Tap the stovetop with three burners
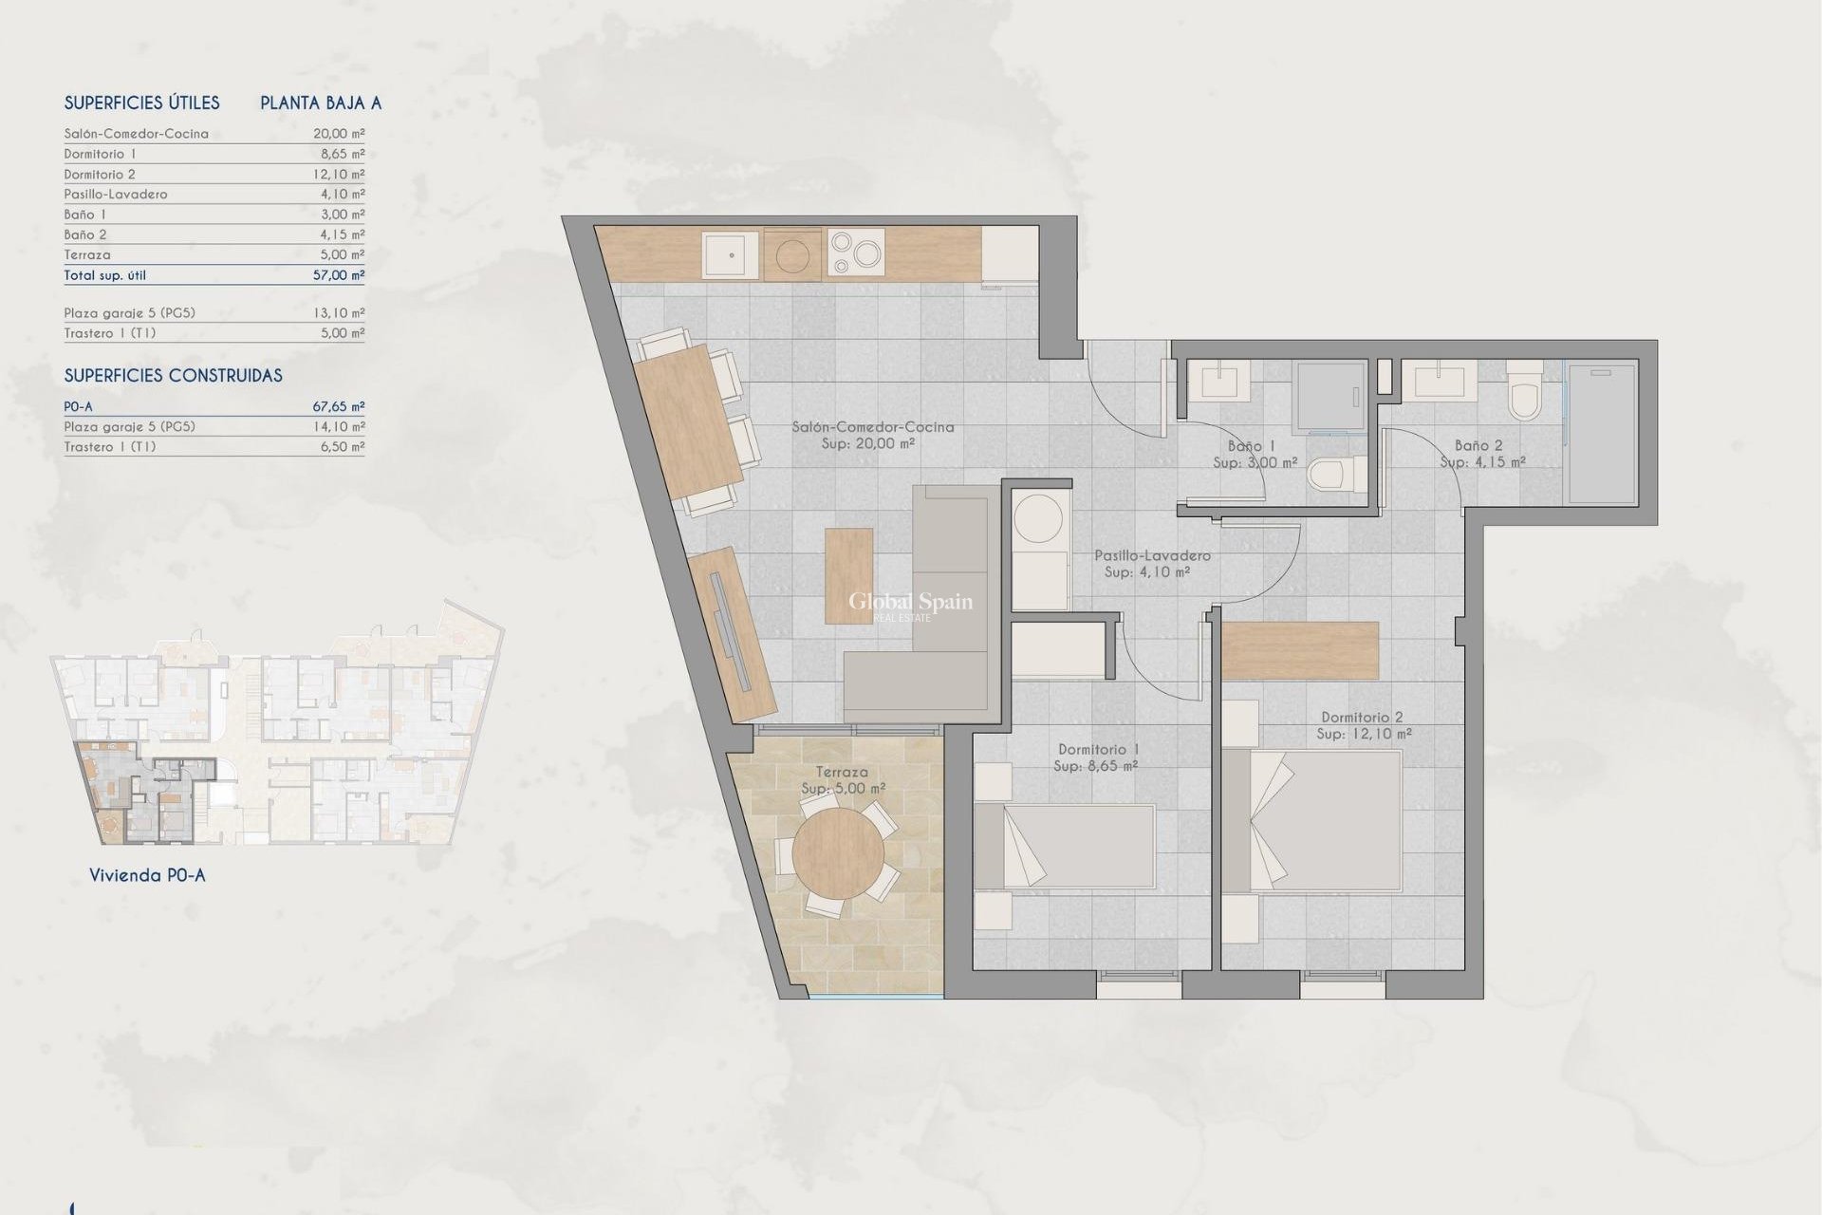(x=856, y=252)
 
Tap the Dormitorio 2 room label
(x=1363, y=718)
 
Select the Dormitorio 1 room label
(x=1099, y=749)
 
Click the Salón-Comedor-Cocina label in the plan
(x=873, y=427)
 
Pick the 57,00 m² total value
(x=339, y=275)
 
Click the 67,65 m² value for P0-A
(x=339, y=406)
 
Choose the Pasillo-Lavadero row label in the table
(x=116, y=194)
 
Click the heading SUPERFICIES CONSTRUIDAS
(x=173, y=376)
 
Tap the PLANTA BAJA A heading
(x=321, y=103)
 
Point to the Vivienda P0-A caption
(x=147, y=875)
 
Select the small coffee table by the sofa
(x=849, y=576)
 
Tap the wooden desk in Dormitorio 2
(x=1299, y=650)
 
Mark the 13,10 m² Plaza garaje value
(x=339, y=312)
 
